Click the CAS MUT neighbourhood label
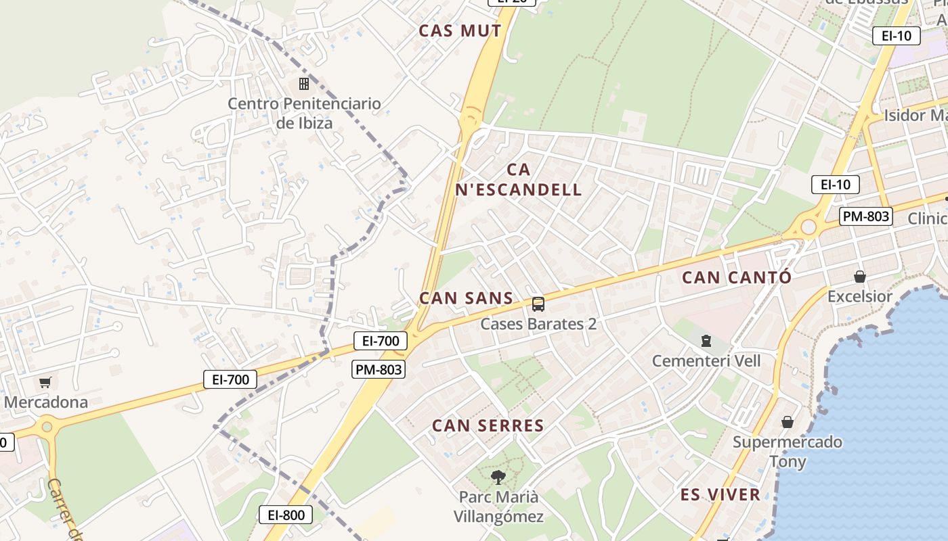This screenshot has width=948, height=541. pos(460,30)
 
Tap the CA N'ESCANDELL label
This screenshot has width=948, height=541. pos(519,180)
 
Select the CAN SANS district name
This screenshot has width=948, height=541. pos(466,298)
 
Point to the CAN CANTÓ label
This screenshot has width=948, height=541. pos(736,277)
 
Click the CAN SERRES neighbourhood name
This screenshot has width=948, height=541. pos(488,425)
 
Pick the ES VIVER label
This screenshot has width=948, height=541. pos(720,494)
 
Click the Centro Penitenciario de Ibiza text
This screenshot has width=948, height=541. pos(304,113)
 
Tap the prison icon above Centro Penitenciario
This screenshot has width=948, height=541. pos(304,84)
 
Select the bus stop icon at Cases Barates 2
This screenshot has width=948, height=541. pos(538,304)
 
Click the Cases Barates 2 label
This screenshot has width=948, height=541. pos(538,324)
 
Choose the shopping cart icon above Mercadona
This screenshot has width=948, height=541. pos(45,383)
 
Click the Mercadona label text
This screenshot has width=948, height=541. pos(46,402)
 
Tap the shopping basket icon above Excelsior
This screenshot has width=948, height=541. pos(860,277)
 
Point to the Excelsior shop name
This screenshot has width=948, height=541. pos(860,296)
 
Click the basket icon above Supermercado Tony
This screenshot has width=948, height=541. pos(788,423)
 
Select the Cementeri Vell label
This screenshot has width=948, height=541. pos(706,360)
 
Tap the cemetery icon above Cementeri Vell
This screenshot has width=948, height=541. pos(706,340)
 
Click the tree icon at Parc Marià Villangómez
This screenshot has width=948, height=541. pos(498,477)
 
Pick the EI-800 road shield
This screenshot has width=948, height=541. pos(286,515)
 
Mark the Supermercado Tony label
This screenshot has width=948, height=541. pos(788,452)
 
